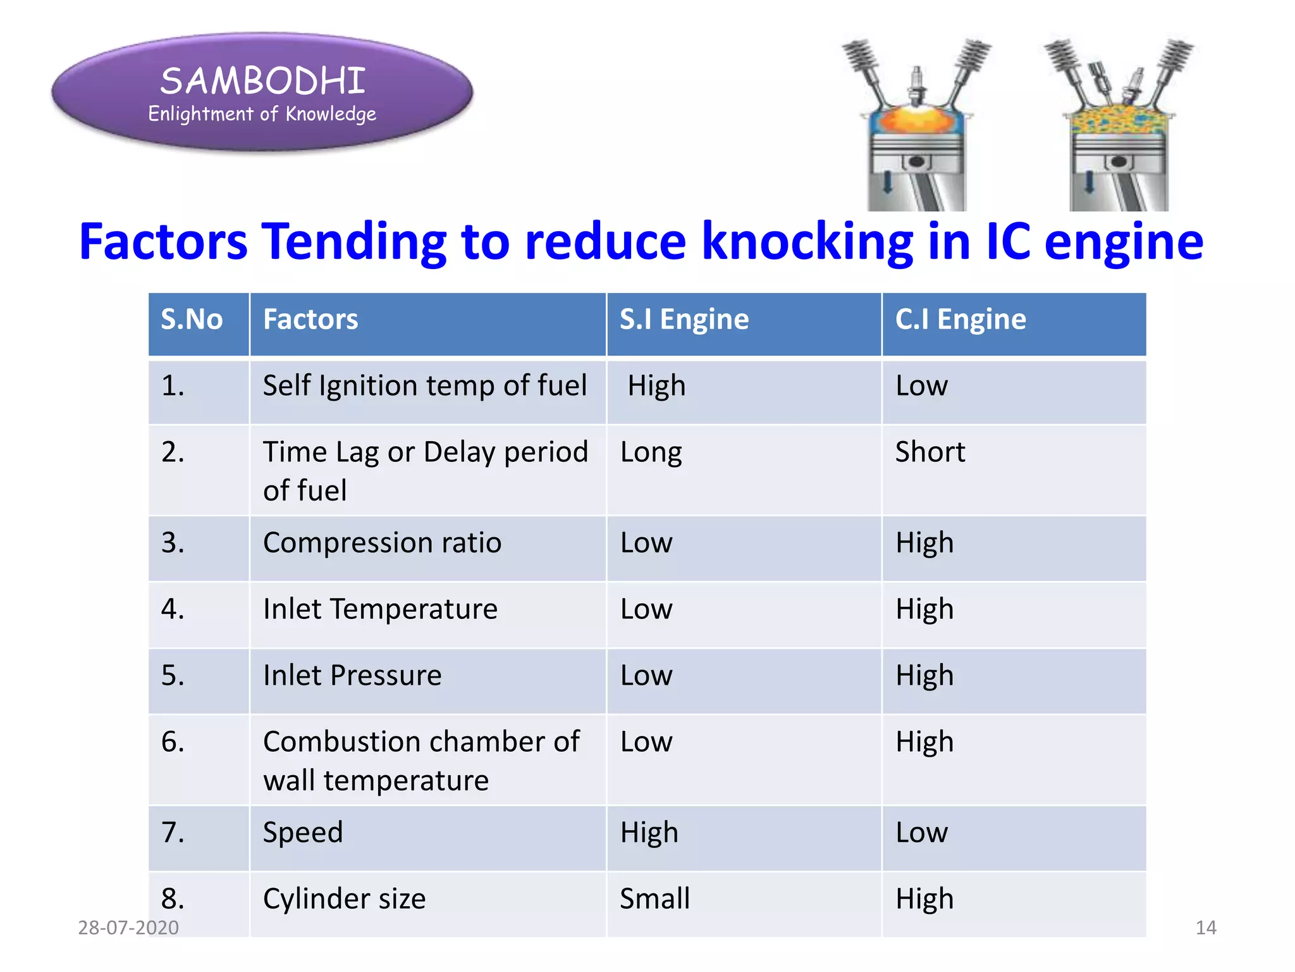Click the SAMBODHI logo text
pos(262,81)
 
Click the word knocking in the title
pos(807,241)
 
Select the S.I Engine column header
pos(684,319)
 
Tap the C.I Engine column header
pos(960,319)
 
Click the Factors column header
pos(310,319)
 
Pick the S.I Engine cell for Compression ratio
pos(646,543)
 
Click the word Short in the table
pos(930,452)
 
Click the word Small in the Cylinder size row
pos(654,899)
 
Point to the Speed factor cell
pos(303,833)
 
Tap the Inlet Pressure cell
pos(352,675)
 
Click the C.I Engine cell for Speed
pos(921,833)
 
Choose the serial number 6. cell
pos(173,742)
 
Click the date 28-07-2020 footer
pos(128,928)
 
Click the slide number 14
pos(1205,928)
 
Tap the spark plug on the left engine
pos(916,82)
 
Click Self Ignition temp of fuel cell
pos(424,386)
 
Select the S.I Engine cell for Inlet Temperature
pos(646,609)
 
